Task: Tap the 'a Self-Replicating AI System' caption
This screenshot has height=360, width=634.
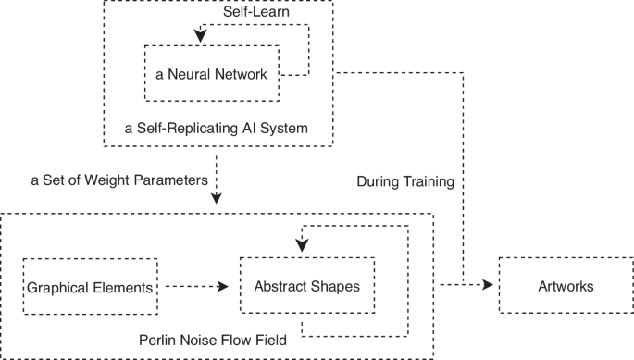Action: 215,127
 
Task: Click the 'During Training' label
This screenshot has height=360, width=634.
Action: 404,182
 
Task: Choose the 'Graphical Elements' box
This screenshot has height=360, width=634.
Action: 90,287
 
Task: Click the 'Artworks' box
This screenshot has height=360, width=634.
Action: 566,286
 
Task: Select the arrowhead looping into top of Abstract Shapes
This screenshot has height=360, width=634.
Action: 301,245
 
